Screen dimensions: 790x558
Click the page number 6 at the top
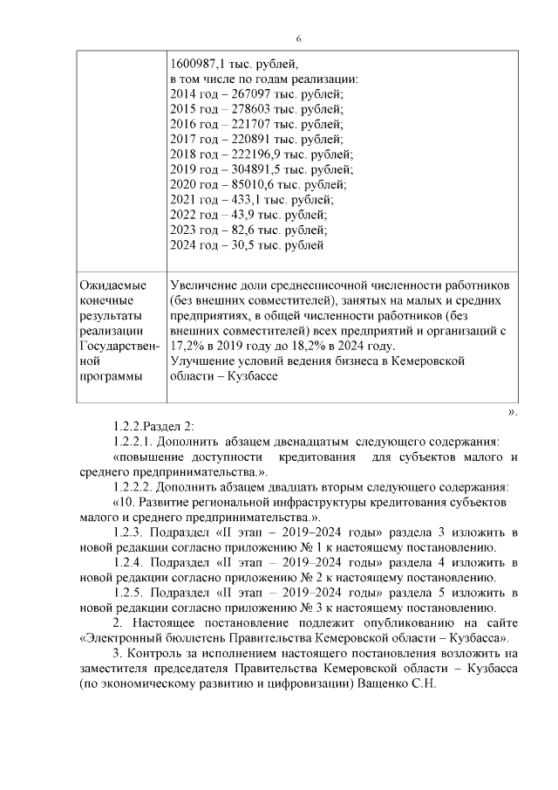click(x=298, y=39)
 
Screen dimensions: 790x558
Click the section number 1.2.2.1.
click(x=134, y=442)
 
